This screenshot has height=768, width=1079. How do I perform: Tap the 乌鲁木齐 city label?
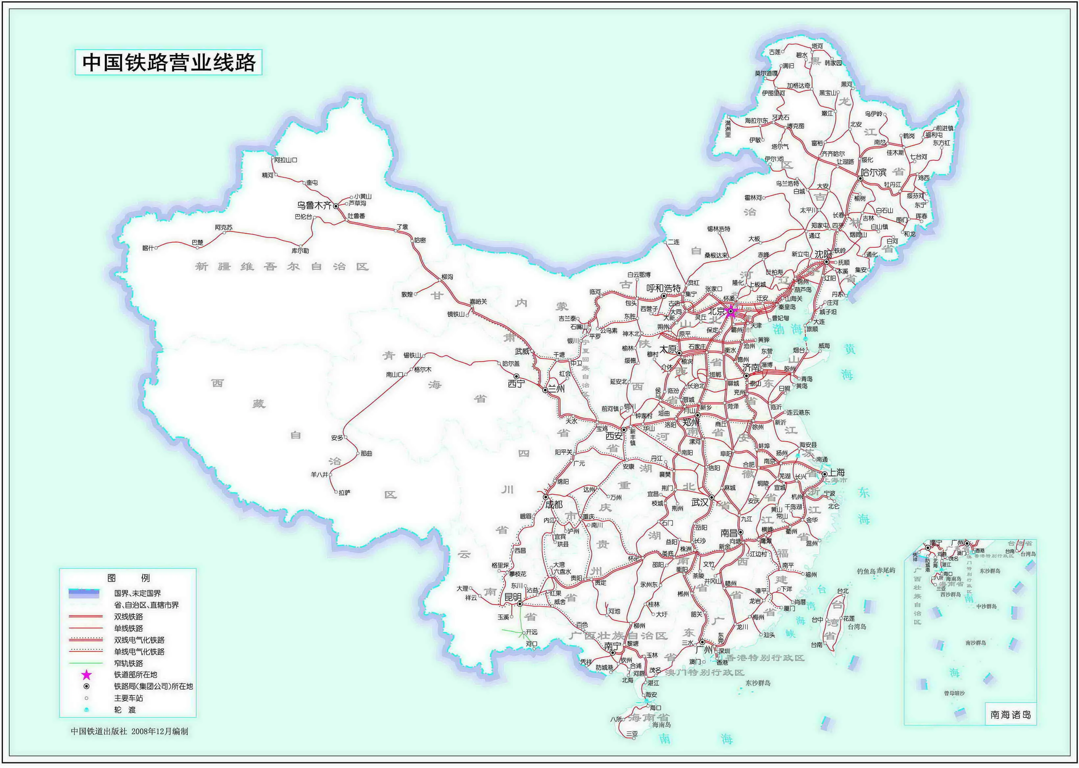[314, 205]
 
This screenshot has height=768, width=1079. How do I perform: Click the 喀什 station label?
[148, 248]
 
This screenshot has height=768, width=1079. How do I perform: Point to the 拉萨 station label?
[344, 492]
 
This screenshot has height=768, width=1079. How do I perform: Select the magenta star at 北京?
[731, 311]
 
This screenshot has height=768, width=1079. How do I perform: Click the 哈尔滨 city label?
[874, 172]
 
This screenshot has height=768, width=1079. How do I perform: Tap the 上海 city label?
[836, 472]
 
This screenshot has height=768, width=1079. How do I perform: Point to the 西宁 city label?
[516, 384]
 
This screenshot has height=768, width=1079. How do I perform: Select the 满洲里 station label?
[728, 128]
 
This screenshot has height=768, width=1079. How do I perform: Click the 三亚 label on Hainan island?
[632, 733]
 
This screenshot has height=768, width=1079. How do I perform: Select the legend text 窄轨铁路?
[128, 663]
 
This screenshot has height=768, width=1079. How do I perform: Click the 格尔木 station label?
[422, 369]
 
